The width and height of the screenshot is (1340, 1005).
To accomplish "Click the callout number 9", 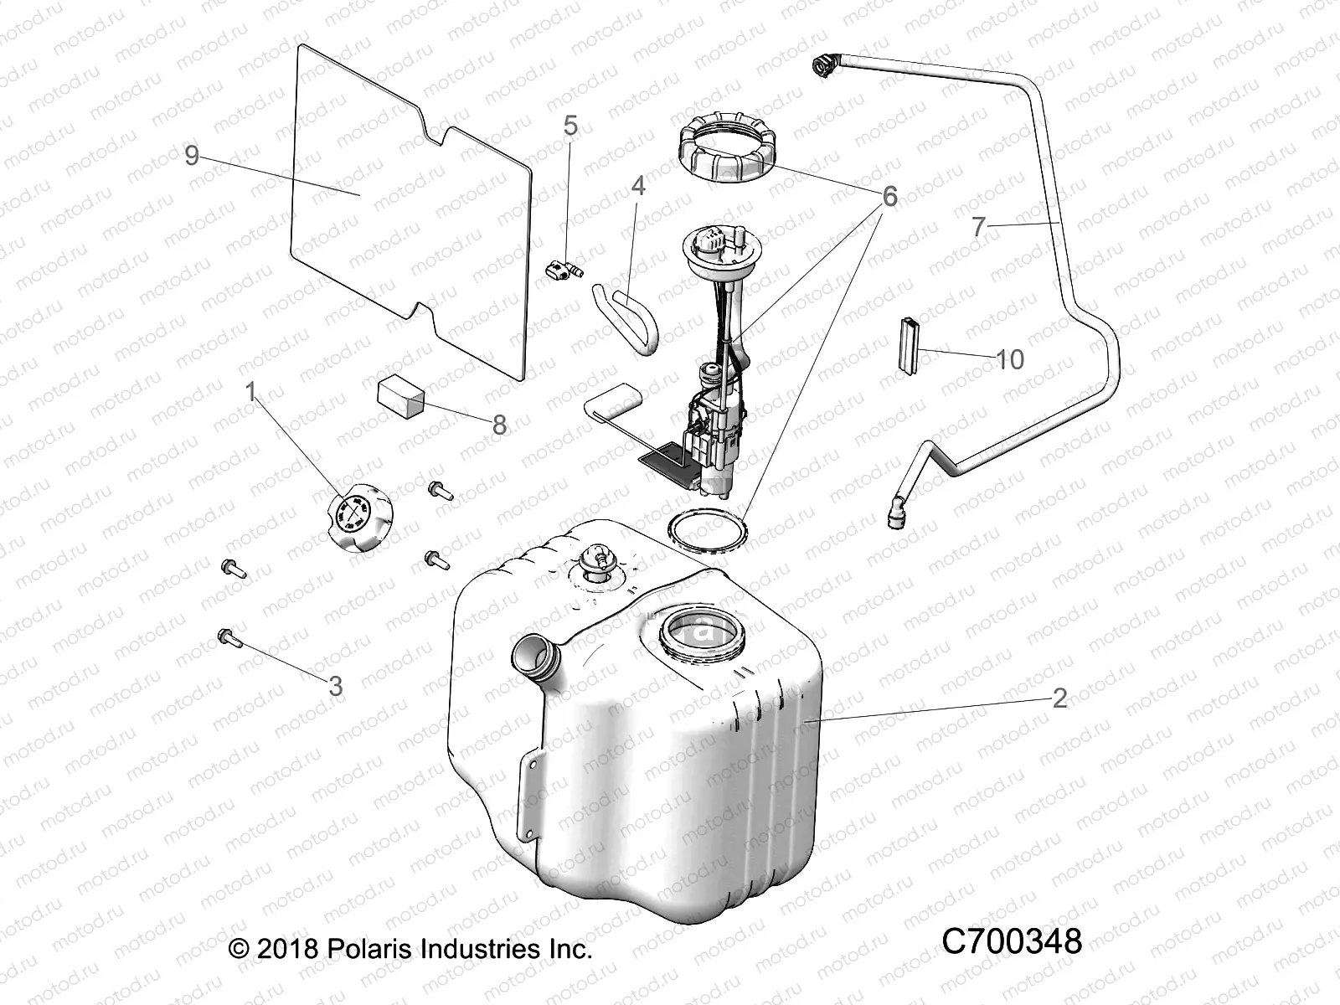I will (192, 155).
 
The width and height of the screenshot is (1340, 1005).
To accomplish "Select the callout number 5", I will (570, 126).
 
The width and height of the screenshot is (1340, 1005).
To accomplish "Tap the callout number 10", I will (1010, 359).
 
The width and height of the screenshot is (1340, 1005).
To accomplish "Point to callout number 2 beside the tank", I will (1059, 698).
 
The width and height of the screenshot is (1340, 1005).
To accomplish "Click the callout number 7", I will (979, 226).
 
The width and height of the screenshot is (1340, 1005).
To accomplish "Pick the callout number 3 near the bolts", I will (335, 687).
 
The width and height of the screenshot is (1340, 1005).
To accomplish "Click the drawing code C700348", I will (1012, 941).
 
